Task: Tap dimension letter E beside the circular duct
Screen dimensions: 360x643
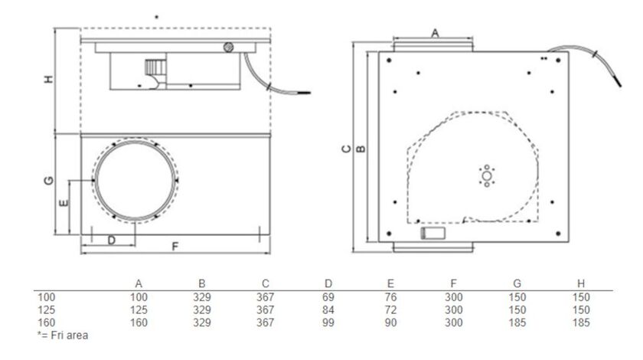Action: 64,203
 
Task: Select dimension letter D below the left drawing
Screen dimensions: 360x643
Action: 111,241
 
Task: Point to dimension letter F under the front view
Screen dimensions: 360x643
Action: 175,247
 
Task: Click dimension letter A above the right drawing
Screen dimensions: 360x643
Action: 435,32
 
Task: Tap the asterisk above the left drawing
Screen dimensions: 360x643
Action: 157,17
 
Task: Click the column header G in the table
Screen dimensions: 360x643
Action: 517,284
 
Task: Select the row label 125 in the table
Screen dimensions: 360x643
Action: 47,309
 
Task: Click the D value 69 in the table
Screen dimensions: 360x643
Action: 328,297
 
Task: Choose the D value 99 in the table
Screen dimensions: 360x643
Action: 328,322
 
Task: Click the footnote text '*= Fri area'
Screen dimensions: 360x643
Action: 62,335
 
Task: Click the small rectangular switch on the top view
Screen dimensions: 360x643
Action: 434,234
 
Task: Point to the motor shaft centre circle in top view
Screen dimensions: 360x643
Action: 485,177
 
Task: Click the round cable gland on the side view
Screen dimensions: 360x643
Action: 228,47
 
